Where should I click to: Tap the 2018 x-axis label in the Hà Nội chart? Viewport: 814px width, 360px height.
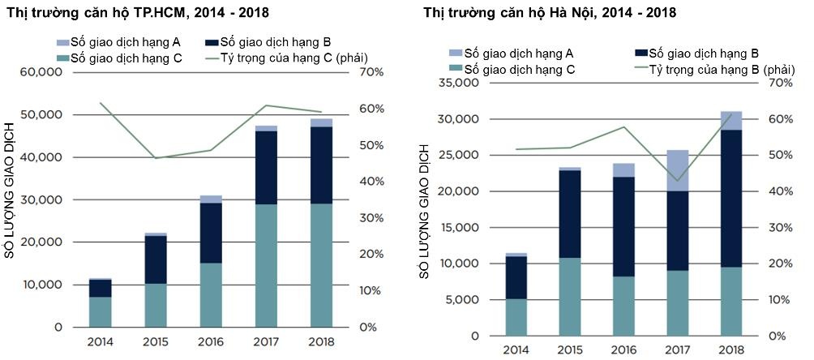click(x=731, y=350)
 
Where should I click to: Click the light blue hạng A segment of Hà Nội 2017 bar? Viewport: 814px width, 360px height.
click(x=678, y=170)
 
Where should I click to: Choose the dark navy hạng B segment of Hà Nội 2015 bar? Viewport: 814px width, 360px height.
click(x=569, y=214)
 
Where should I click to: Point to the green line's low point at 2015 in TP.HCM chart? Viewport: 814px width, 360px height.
click(x=156, y=158)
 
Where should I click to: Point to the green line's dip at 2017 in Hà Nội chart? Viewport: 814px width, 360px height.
click(x=678, y=181)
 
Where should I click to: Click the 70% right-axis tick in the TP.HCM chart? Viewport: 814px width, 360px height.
click(x=359, y=72)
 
